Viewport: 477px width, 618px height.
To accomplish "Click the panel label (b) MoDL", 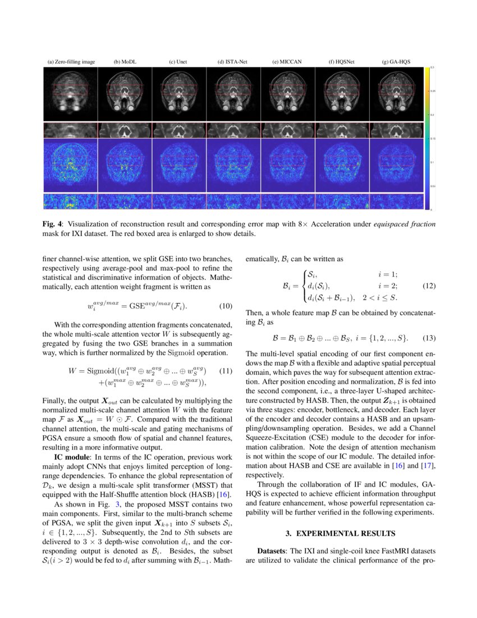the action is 125,62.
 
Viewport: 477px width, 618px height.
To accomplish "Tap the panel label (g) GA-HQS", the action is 396,62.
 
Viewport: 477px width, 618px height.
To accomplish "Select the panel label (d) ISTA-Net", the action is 233,62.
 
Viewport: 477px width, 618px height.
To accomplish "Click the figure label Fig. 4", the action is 53,224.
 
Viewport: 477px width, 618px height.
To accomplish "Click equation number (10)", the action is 225,306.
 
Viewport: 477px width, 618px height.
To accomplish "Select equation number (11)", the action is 225,371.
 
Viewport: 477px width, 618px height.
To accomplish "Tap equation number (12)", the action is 429,286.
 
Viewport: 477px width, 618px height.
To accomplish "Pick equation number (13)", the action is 429,338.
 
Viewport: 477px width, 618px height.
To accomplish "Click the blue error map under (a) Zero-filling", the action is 71,166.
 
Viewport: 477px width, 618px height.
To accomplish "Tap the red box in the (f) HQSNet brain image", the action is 342,90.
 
